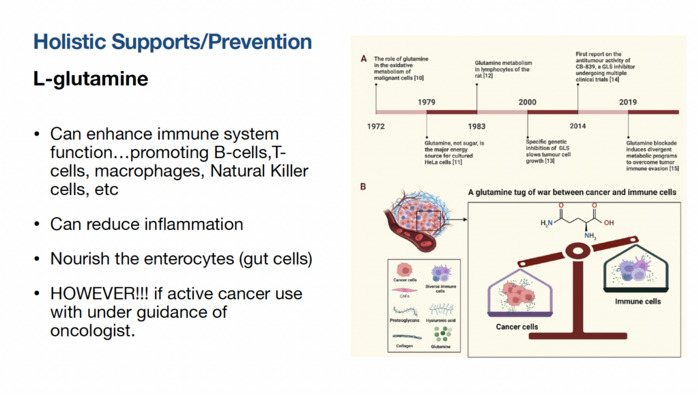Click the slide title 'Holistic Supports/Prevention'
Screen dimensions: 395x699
click(173, 42)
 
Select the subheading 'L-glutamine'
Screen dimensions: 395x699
click(91, 79)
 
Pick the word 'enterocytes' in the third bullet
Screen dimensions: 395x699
click(171, 259)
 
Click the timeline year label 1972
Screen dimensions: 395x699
click(376, 126)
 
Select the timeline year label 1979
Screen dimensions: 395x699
click(427, 102)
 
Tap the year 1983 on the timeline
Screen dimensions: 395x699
click(477, 126)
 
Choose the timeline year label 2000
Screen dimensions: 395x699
click(527, 102)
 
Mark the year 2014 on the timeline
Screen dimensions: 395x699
click(577, 126)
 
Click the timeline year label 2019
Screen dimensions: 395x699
click(628, 102)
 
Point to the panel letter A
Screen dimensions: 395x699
click(363, 59)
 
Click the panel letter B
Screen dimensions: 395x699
click(363, 186)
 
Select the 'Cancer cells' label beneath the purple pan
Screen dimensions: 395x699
click(517, 327)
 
